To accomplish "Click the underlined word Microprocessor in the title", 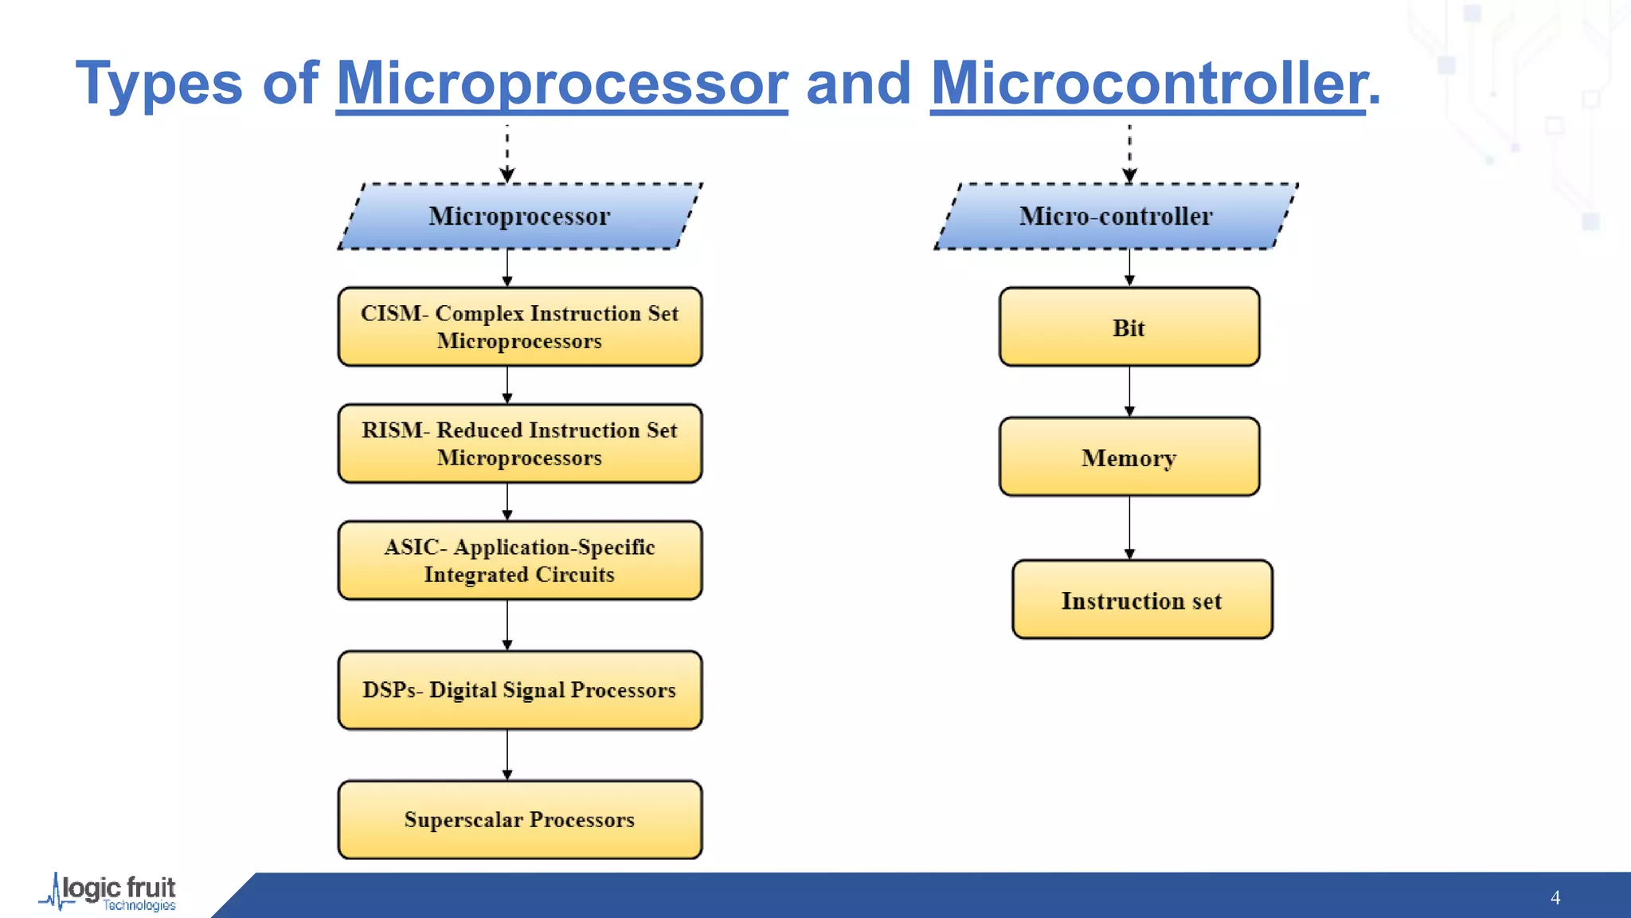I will [x=561, y=83].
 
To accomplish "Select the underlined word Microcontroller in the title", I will [x=1148, y=83].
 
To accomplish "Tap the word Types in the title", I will [x=158, y=83].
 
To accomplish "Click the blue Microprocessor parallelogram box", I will [x=520, y=216].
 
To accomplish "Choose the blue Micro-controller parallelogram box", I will [x=1116, y=216].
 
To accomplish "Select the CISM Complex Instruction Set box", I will [x=520, y=327].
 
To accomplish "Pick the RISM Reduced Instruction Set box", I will [x=520, y=443].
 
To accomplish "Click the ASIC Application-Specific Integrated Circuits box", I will [x=520, y=560].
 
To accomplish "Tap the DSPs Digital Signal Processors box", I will [x=520, y=690].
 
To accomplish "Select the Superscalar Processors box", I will [x=520, y=819].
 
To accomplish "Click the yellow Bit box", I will [x=1129, y=327].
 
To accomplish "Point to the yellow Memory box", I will [x=1129, y=457].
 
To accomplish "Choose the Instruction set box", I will [x=1142, y=599].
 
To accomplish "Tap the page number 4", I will [x=1555, y=897].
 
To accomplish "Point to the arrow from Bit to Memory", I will [x=1129, y=391].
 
